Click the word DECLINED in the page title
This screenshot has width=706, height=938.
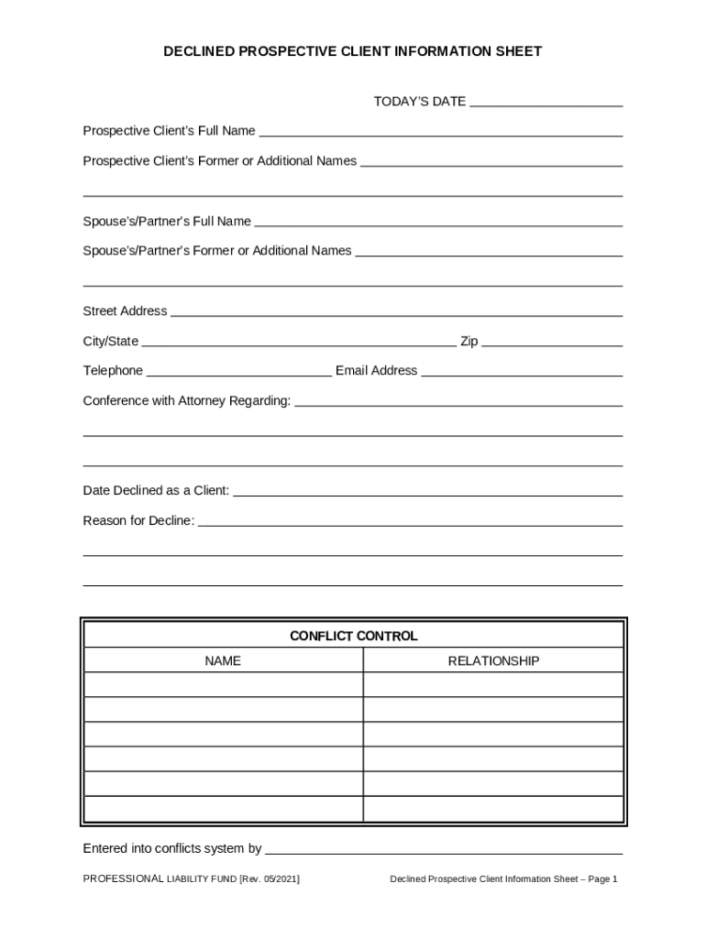(x=199, y=52)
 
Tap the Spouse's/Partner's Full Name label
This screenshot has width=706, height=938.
(x=167, y=222)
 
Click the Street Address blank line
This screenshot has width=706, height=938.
(x=396, y=312)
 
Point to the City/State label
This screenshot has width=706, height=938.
(x=111, y=342)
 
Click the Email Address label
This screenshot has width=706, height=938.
(x=376, y=371)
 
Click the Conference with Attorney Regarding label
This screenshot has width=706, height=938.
(x=187, y=401)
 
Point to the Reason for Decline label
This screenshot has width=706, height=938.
(x=138, y=521)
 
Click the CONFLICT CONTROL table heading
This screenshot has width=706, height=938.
(x=353, y=636)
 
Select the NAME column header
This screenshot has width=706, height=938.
(x=223, y=660)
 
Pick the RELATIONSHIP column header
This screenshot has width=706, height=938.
(x=493, y=660)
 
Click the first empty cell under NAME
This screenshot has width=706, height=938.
(x=223, y=685)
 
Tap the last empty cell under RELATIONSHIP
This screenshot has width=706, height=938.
(x=493, y=809)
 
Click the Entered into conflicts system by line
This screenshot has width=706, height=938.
(x=444, y=850)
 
